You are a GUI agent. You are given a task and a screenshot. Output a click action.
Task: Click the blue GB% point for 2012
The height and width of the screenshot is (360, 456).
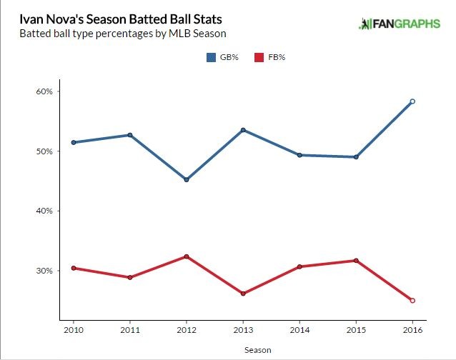[x=187, y=179]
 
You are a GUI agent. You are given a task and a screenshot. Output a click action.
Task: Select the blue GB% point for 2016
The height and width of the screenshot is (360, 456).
[x=412, y=101]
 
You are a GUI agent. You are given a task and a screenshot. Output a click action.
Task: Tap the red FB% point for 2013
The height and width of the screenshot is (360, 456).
[x=243, y=294]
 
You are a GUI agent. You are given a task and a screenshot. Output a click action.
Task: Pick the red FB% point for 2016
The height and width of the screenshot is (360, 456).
[x=412, y=300]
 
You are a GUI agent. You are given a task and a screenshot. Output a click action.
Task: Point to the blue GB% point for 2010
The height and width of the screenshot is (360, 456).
[x=74, y=142]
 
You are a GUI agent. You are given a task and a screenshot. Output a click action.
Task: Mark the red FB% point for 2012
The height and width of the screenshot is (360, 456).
[x=187, y=256]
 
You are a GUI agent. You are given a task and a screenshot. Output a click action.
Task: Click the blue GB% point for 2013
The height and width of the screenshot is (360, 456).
[x=243, y=130]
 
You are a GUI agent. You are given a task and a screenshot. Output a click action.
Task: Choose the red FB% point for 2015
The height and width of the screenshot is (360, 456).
[x=356, y=261]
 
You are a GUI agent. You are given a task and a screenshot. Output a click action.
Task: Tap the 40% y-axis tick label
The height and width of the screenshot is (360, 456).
[x=44, y=211]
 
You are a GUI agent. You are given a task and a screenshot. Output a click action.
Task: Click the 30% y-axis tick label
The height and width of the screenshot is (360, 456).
[x=44, y=271]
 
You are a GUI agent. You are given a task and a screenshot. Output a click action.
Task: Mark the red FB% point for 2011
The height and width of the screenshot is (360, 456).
[x=130, y=277]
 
